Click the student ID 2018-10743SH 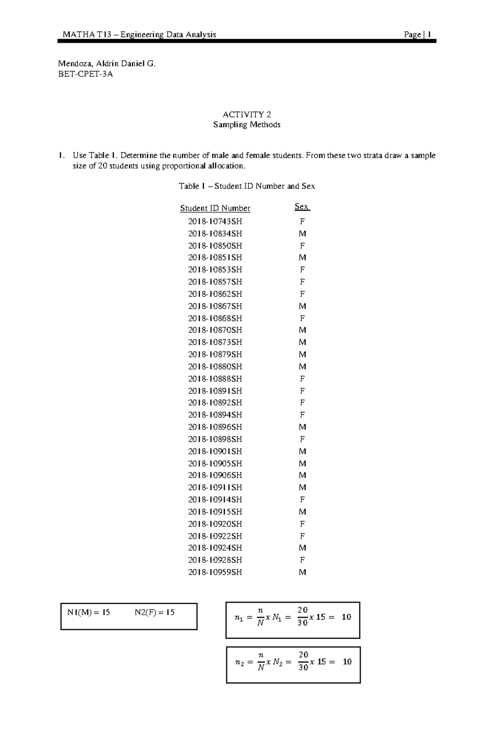[215, 221]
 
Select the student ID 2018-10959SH [215, 572]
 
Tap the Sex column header [302, 207]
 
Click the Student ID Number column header [215, 208]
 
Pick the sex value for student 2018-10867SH [302, 306]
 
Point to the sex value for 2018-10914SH [302, 499]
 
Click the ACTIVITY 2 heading [247, 114]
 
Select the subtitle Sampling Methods [247, 125]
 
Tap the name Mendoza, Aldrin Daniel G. [107, 64]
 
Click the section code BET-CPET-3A [85, 74]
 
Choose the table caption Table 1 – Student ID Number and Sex [247, 186]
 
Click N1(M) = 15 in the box [89, 612]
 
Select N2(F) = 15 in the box [154, 612]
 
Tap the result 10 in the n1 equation [346, 617]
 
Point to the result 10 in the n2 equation [347, 662]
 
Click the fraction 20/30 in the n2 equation [303, 662]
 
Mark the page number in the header [429, 35]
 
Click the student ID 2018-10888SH [215, 379]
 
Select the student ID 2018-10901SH [215, 451]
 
